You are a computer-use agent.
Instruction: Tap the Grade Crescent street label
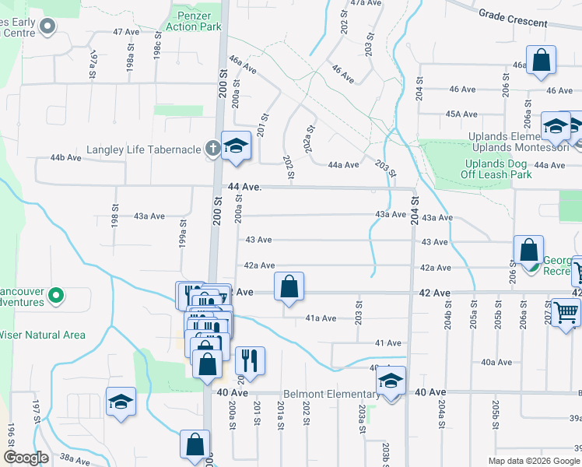(x=513, y=18)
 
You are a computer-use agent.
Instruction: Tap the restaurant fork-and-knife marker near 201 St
(x=250, y=361)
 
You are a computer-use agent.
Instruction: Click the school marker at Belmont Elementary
(x=391, y=381)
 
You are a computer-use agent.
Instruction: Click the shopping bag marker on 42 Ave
(x=289, y=286)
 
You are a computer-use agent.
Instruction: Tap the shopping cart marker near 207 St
(x=565, y=313)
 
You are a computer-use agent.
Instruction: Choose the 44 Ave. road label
(x=243, y=188)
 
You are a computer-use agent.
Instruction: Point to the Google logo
(x=26, y=458)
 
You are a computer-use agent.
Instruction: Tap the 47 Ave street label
(x=125, y=32)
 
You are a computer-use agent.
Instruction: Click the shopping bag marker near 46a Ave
(x=541, y=60)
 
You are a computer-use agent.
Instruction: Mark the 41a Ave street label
(x=320, y=318)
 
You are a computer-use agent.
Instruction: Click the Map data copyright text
(x=534, y=461)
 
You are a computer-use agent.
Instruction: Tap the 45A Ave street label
(x=461, y=114)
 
